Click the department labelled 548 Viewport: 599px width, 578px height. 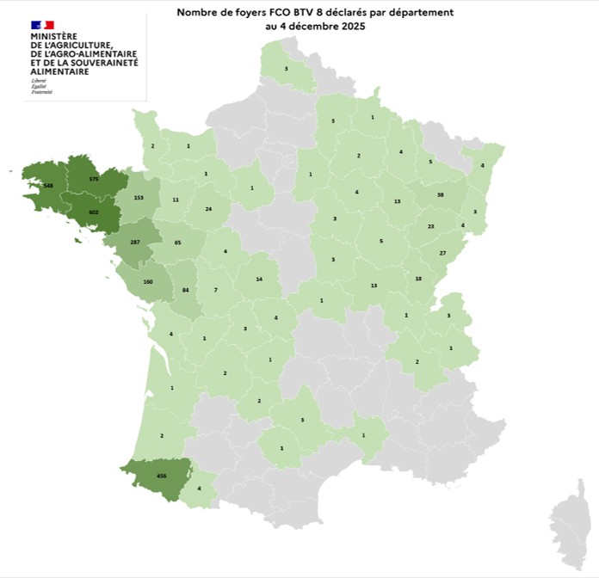pos(48,186)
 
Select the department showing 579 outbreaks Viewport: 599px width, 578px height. pos(95,179)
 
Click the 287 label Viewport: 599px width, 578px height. pos(134,243)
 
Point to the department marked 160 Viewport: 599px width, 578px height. pos(148,282)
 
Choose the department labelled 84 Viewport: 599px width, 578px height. pos(185,290)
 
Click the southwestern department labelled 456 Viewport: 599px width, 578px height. pos(161,476)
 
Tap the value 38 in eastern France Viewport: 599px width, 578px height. pos(440,195)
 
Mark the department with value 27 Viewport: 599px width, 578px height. pos(443,253)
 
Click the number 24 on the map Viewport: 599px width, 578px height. pos(209,209)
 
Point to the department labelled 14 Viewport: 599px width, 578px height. pos(259,280)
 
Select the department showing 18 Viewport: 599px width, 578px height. pos(418,279)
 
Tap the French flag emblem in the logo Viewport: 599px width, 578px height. pos(42,25)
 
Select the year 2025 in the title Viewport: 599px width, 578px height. pos(349,27)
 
